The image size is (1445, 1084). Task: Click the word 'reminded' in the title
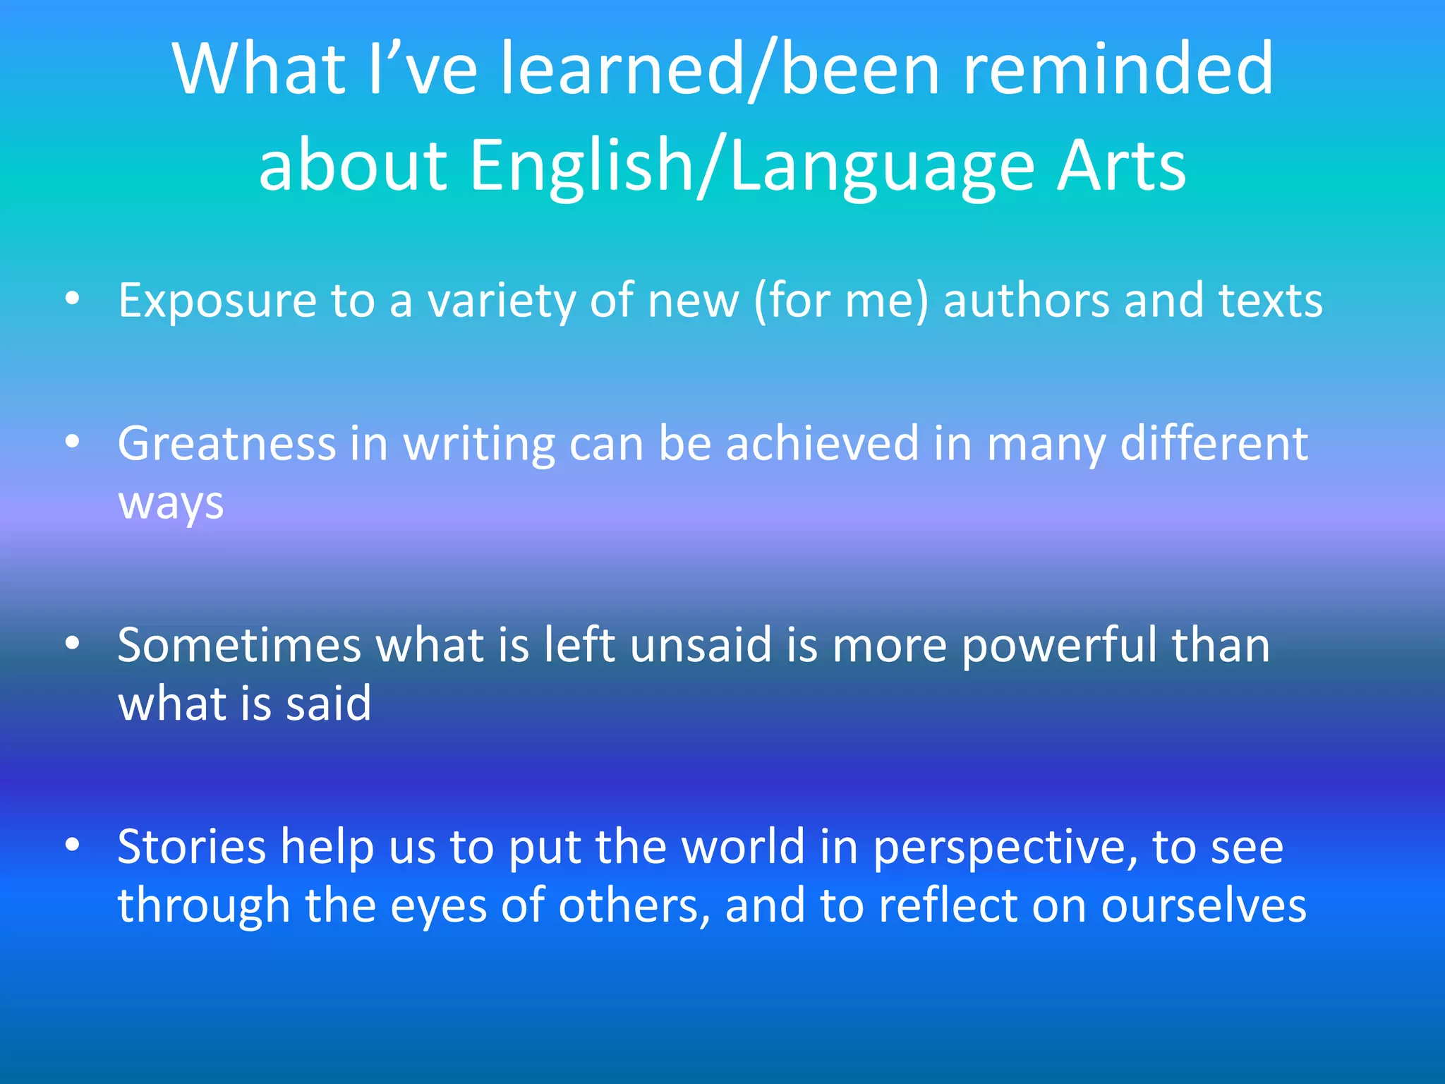pyautogui.click(x=1118, y=68)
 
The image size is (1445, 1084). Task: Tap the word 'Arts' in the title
pyautogui.click(x=1121, y=165)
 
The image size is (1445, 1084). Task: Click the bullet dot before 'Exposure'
pyautogui.click(x=72, y=300)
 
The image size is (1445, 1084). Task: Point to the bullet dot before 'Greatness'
pyautogui.click(x=72, y=442)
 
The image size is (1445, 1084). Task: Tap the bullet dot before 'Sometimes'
pyautogui.click(x=72, y=644)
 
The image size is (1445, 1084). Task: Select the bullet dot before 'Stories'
pyautogui.click(x=72, y=845)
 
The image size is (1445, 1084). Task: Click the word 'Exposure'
pyautogui.click(x=217, y=301)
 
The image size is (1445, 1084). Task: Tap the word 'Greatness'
pyautogui.click(x=226, y=444)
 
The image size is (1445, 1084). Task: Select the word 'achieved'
pyautogui.click(x=822, y=444)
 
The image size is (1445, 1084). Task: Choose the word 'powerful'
pyautogui.click(x=1059, y=646)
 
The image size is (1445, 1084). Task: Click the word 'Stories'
pyautogui.click(x=191, y=847)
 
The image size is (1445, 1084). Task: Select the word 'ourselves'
pyautogui.click(x=1204, y=906)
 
